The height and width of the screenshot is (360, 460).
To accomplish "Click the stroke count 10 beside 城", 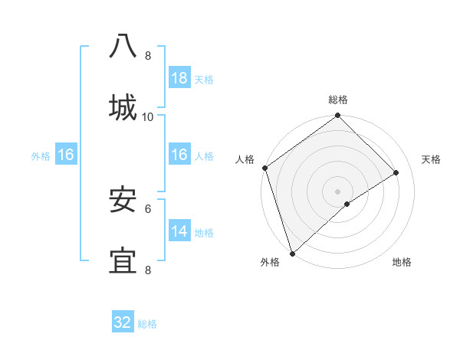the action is (x=148, y=116).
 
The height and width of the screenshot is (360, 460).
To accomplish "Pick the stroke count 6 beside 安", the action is (x=148, y=208).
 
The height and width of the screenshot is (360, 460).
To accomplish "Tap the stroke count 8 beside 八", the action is (x=148, y=56).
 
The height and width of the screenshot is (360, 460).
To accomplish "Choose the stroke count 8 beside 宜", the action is (x=148, y=270).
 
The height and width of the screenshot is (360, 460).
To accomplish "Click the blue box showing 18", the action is (x=179, y=78).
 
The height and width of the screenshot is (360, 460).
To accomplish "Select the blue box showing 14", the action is (x=179, y=231).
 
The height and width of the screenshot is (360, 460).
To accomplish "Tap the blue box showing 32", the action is (x=123, y=322).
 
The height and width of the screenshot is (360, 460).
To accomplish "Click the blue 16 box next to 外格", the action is (x=65, y=155).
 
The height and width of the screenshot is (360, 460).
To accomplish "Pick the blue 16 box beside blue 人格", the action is (x=179, y=155).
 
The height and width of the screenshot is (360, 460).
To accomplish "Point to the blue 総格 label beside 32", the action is (x=147, y=324).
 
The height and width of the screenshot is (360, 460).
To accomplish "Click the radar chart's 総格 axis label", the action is (x=338, y=100).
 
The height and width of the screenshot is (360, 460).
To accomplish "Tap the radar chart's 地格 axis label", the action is (x=402, y=262).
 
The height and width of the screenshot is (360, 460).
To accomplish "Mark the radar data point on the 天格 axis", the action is (x=396, y=173).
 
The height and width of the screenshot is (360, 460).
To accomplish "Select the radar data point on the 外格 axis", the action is (x=291, y=253).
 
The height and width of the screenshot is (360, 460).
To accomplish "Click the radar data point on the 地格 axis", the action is (x=347, y=203).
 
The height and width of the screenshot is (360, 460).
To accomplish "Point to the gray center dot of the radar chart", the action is (x=337, y=191).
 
